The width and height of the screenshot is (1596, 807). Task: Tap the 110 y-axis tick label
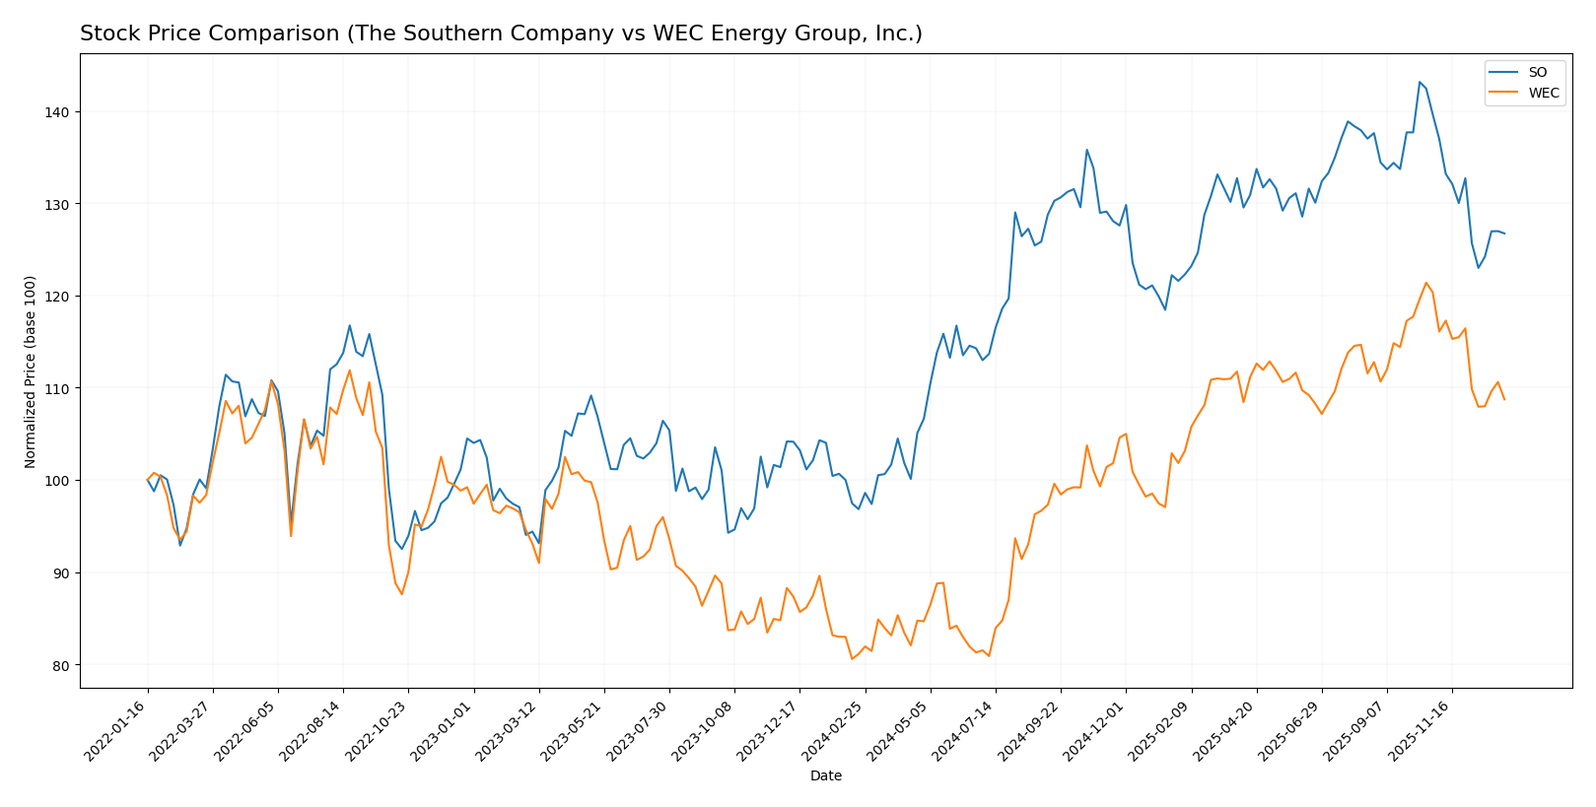59,388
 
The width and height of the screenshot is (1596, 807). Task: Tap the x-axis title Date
825,776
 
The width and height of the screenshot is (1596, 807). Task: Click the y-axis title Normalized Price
31,371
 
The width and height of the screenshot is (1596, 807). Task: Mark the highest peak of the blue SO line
1420,82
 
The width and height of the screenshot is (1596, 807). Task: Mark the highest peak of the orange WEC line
1425,283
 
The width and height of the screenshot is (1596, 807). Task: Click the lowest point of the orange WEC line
852,658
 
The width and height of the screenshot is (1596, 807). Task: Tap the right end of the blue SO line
1504,234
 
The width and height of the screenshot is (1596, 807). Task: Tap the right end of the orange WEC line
1504,399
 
